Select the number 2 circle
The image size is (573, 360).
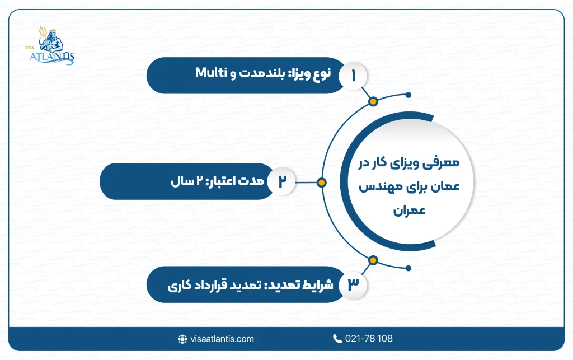coord(281,181)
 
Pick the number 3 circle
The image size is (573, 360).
coord(353,284)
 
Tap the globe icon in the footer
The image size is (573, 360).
coord(182,339)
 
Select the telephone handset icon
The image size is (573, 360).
coord(337,339)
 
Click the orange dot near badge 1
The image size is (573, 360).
coord(373,101)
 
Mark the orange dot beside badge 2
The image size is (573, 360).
coord(321,181)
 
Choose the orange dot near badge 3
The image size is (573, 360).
coord(373,260)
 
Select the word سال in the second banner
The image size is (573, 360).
coord(181,182)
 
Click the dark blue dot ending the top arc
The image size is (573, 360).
coord(408,95)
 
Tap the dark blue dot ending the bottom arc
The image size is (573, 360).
coord(408,267)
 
